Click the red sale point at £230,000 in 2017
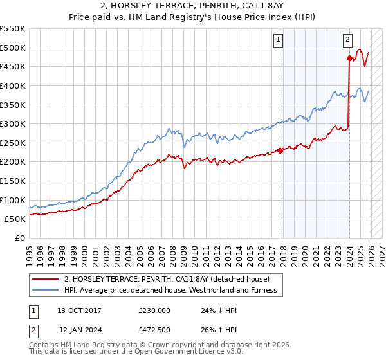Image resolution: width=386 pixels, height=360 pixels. click(280, 150)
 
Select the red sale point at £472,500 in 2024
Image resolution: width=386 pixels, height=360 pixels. click(349, 58)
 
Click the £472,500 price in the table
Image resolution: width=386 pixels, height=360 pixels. click(154, 329)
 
